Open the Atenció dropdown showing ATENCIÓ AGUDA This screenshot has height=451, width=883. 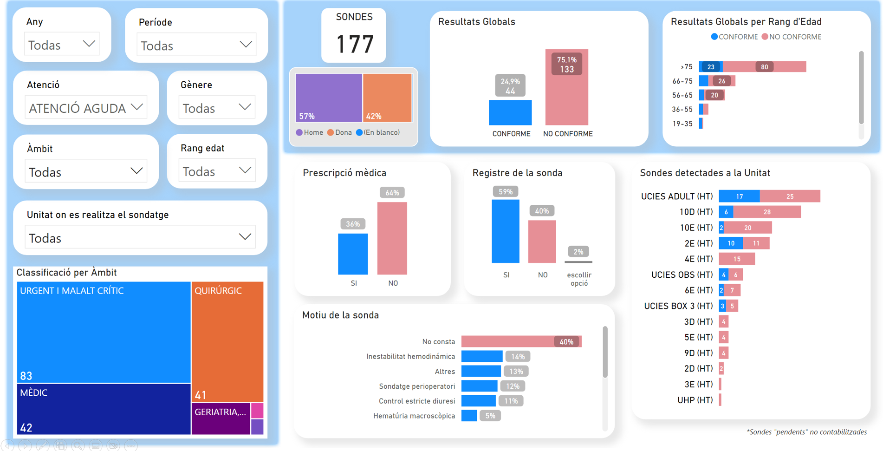[86, 108]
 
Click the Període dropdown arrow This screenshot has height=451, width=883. [246, 45]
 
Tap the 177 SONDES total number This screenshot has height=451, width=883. [354, 45]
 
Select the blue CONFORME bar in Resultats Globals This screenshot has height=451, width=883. [510, 112]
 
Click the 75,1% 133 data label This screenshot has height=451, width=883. [566, 65]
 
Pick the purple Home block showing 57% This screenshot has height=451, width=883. [329, 98]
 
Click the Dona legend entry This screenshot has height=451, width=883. [340, 133]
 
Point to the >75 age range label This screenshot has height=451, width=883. [686, 67]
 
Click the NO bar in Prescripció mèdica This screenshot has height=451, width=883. [392, 238]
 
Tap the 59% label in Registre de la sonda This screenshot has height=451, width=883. [505, 192]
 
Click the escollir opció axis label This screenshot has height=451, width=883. [579, 279]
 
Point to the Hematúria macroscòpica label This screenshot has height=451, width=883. [414, 416]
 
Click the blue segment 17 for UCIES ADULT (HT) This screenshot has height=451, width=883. [739, 196]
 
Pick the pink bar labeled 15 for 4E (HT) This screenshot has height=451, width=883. [737, 259]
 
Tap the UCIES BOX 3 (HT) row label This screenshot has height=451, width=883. [678, 306]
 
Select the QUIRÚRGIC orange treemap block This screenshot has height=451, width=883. [227, 341]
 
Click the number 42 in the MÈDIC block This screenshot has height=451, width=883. [26, 427]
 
